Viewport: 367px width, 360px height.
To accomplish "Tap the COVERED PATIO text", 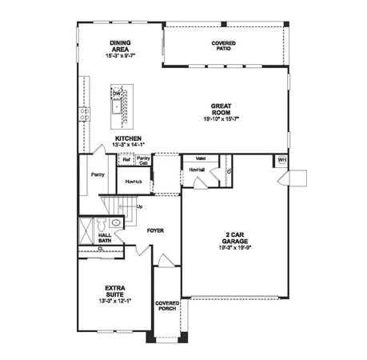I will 224,45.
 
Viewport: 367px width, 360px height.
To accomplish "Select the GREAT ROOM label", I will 221,109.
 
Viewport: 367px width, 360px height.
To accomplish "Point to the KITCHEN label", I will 128,138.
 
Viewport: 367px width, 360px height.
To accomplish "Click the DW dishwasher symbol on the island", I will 117,94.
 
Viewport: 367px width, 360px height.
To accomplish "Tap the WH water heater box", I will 281,161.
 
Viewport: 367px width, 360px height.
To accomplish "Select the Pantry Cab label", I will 143,161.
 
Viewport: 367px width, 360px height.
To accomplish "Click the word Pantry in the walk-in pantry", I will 98,174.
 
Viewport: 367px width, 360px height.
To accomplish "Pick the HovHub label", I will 134,182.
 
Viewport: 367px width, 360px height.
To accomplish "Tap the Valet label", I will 201,158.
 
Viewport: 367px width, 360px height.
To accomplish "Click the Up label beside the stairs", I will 141,207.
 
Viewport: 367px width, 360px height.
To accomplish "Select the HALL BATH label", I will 105,238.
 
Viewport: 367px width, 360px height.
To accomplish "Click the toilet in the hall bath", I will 116,222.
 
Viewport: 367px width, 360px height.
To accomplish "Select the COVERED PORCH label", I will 167,306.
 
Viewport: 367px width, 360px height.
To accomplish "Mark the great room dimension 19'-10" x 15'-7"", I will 221,118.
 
